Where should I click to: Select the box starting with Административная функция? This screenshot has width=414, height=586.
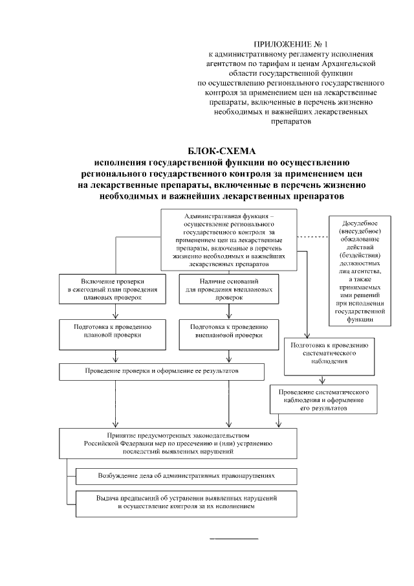tap(234, 240)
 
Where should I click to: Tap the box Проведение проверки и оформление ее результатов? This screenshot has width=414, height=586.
tap(162, 372)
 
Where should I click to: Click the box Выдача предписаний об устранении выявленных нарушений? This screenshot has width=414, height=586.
tap(186, 502)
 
